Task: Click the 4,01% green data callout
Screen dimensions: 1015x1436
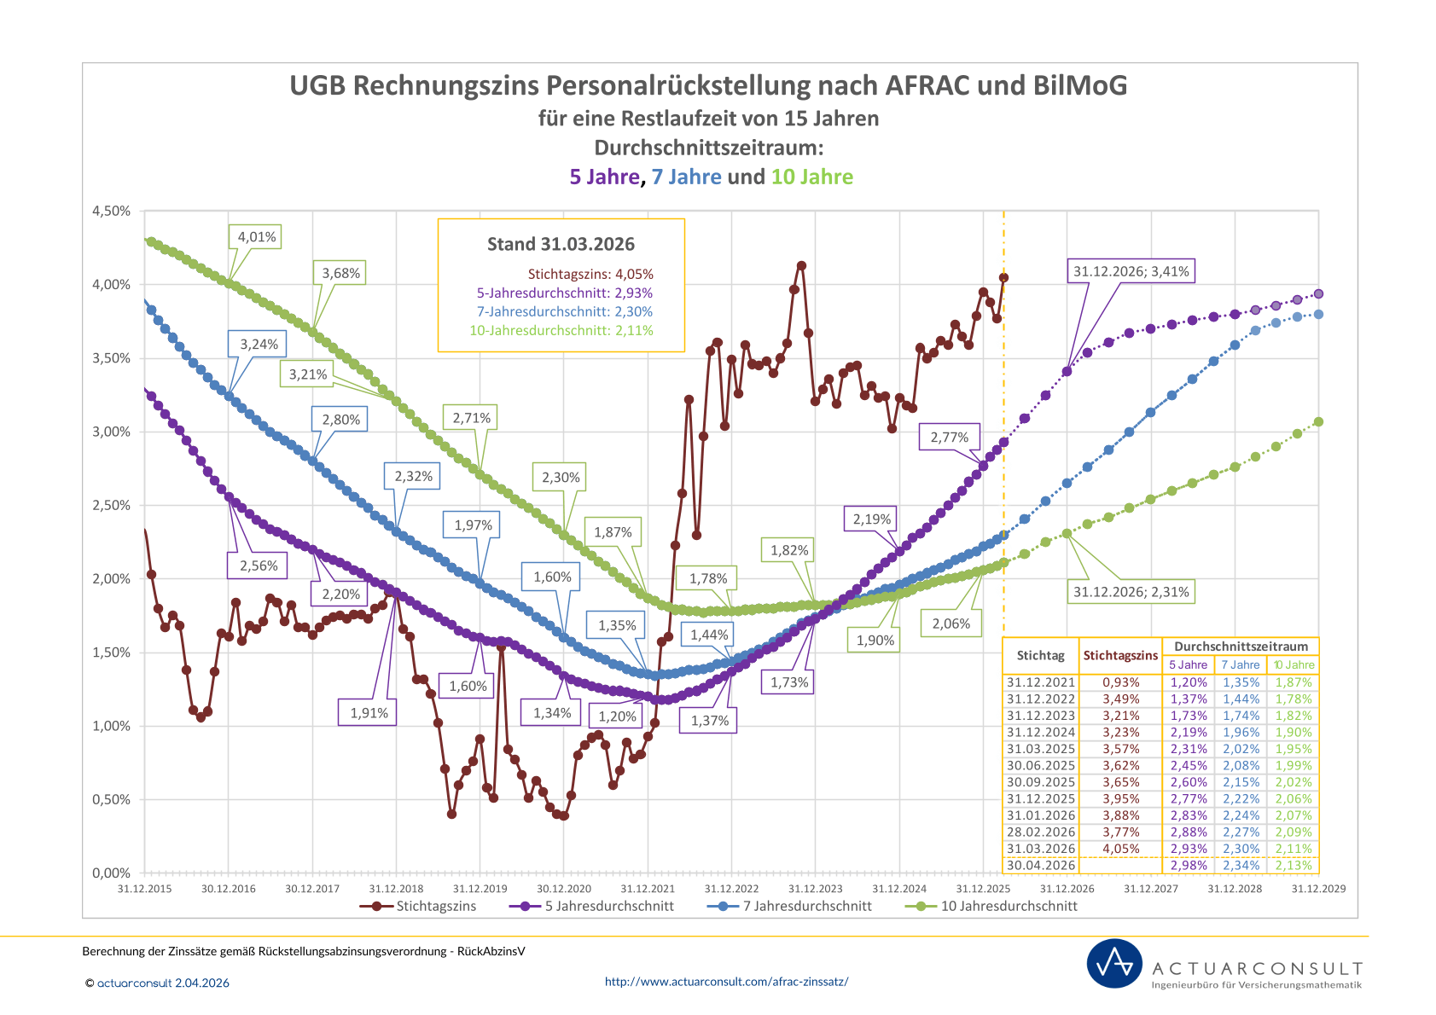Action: pyautogui.click(x=256, y=237)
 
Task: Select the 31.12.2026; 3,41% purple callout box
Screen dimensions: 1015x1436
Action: pyautogui.click(x=1131, y=271)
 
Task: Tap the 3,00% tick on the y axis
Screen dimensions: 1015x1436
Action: pyautogui.click(x=112, y=432)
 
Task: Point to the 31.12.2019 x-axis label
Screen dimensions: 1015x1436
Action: pyautogui.click(x=480, y=889)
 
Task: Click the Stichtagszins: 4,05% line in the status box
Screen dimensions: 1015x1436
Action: pyautogui.click(x=590, y=275)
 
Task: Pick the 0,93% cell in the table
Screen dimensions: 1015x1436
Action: pyautogui.click(x=1120, y=682)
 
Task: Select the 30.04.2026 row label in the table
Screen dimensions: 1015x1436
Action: pyautogui.click(x=1040, y=865)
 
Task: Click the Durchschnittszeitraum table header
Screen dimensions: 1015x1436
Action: pyautogui.click(x=1241, y=647)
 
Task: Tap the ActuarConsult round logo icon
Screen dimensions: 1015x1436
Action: pyautogui.click(x=1114, y=964)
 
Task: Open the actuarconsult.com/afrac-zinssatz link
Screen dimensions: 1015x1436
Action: pyautogui.click(x=726, y=982)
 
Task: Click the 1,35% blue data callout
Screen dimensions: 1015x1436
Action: pyautogui.click(x=617, y=625)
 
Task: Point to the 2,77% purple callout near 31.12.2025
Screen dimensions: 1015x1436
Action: pyautogui.click(x=949, y=438)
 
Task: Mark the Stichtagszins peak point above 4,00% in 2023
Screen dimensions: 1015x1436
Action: pyautogui.click(x=801, y=266)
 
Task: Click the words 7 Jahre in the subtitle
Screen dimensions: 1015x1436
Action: pyautogui.click(x=686, y=177)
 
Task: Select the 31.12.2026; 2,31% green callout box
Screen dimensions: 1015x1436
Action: pyautogui.click(x=1131, y=592)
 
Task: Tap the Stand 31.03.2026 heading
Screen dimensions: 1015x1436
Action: pyautogui.click(x=561, y=244)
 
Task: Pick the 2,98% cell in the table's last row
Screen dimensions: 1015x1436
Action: pyautogui.click(x=1189, y=865)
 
